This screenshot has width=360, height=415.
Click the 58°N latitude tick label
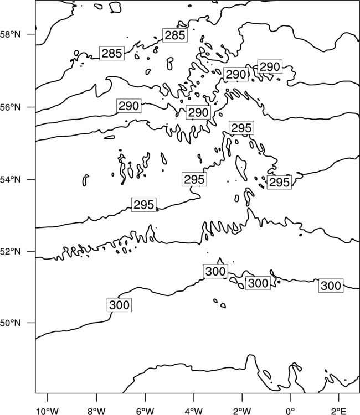pyautogui.click(x=10, y=34)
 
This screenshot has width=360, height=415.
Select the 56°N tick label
pyautogui.click(x=10, y=107)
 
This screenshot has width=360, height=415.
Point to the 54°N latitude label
pyautogui.click(x=10, y=179)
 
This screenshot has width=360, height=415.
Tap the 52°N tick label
pyautogui.click(x=10, y=251)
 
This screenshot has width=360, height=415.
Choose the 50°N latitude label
pyautogui.click(x=10, y=323)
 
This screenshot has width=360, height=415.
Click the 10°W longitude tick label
pyautogui.click(x=48, y=411)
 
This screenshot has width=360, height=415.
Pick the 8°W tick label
pyautogui.click(x=96, y=411)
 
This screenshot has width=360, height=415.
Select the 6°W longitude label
pyautogui.click(x=145, y=411)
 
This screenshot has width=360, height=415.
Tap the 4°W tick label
pyautogui.click(x=194, y=411)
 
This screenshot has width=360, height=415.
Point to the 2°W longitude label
pyautogui.click(x=242, y=411)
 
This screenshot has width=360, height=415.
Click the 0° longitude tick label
pyautogui.click(x=290, y=411)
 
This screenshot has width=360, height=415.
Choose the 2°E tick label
pyautogui.click(x=339, y=411)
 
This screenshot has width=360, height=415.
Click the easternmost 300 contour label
pyautogui.click(x=331, y=286)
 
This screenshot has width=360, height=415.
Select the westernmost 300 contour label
pyautogui.click(x=119, y=305)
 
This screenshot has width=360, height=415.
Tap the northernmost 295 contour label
pyautogui.click(x=241, y=128)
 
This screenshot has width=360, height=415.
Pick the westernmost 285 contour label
pyautogui.click(x=112, y=53)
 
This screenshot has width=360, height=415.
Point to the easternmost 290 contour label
pyautogui.click(x=270, y=67)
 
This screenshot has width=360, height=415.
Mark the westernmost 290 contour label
pyautogui.click(x=128, y=106)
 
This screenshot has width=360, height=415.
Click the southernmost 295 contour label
pyautogui.click(x=144, y=205)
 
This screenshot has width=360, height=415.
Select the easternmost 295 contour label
pyautogui.click(x=279, y=183)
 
